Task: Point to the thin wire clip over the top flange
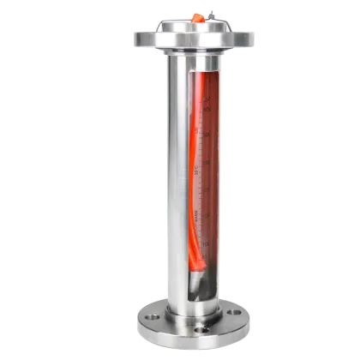210,11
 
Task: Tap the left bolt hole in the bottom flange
149,318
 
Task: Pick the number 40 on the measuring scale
206,160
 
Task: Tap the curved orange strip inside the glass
189,171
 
